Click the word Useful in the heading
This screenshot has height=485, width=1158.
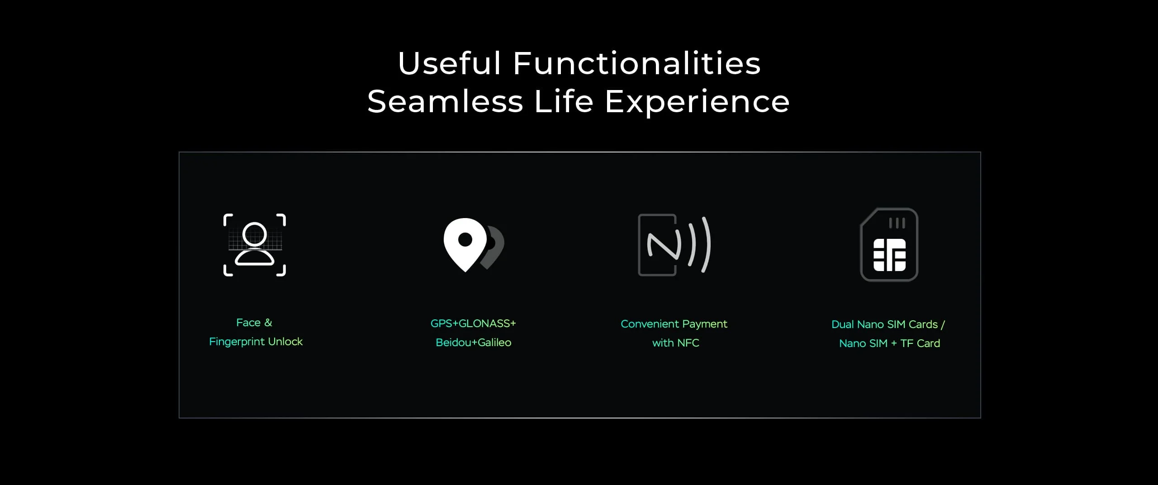click(x=450, y=63)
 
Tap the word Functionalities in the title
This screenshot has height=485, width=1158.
click(x=637, y=63)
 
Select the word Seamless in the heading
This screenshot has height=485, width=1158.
click(x=445, y=101)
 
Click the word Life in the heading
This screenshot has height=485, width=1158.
click(x=564, y=101)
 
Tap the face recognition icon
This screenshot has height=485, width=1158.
click(x=255, y=245)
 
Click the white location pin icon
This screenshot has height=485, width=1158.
click(x=465, y=244)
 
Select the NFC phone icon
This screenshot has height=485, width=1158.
click(x=674, y=245)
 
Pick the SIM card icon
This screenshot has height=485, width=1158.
click(x=889, y=244)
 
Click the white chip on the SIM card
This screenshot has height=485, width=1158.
click(x=889, y=255)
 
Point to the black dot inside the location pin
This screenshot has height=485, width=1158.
click(x=465, y=239)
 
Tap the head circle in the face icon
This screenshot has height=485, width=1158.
click(x=255, y=234)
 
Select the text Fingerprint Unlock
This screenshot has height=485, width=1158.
click(x=256, y=342)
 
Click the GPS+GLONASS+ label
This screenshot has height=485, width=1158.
click(x=473, y=323)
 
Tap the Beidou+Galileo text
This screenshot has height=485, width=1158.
click(x=474, y=342)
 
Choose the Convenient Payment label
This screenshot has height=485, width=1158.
click(x=674, y=324)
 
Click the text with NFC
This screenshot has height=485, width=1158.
click(x=676, y=343)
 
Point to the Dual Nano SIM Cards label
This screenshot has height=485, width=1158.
click(x=884, y=324)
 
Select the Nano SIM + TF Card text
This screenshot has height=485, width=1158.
click(x=889, y=343)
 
